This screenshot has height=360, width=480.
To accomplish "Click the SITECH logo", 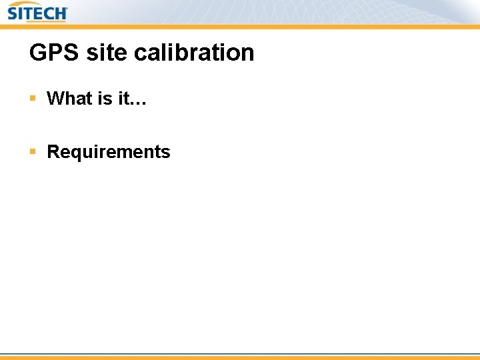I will (x=37, y=13).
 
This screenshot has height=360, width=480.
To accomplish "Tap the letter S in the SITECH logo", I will (x=13, y=14).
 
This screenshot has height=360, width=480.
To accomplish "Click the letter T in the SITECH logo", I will (x=28, y=14).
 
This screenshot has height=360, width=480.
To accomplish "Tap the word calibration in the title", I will (x=194, y=53).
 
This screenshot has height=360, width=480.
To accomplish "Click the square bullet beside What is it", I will (x=33, y=99).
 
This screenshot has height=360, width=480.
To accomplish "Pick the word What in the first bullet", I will (x=69, y=99).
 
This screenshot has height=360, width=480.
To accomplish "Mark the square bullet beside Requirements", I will (x=33, y=152).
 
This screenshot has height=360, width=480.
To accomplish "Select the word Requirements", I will (x=109, y=152).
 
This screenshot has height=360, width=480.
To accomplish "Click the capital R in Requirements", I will (x=53, y=152).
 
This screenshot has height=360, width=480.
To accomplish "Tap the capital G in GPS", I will (x=38, y=53).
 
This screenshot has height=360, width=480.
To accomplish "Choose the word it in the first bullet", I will (x=124, y=99).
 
